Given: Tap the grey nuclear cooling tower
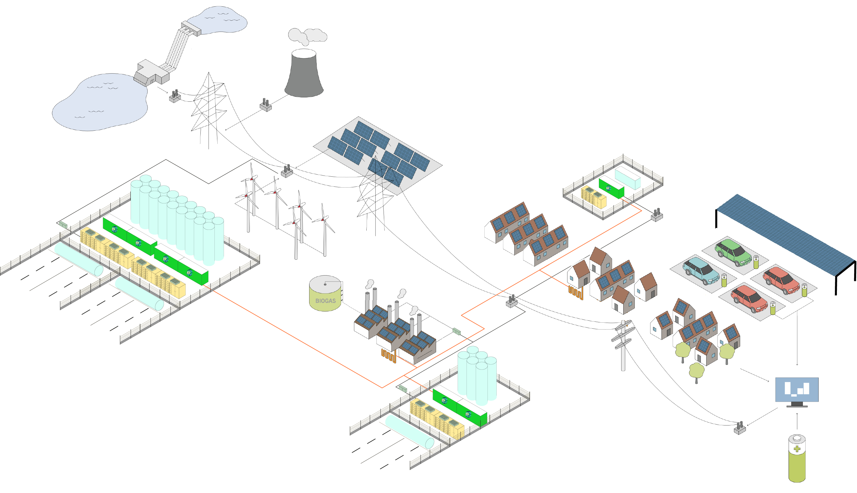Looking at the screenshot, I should click(x=303, y=76).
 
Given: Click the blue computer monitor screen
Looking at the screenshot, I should click(x=796, y=389).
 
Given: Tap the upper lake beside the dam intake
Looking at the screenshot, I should click(x=220, y=20).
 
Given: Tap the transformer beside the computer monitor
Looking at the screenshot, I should click(x=740, y=428).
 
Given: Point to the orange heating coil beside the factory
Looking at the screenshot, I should click(x=388, y=356).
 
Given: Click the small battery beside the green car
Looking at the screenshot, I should click(x=756, y=262).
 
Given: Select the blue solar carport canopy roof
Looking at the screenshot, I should click(x=785, y=234).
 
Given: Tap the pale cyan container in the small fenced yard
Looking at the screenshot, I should click(x=627, y=178).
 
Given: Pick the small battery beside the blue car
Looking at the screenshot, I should click(x=724, y=280).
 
